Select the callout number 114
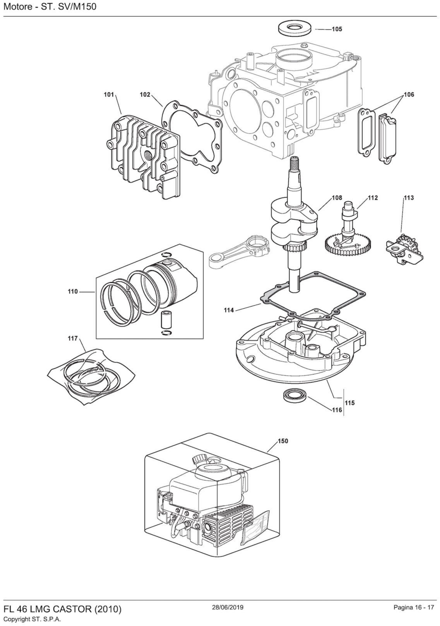click(229, 310)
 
